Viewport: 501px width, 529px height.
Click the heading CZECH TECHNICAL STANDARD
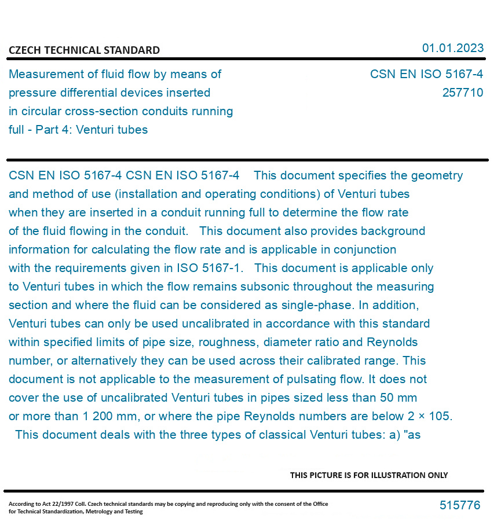(x=84, y=50)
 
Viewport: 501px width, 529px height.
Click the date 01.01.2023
(x=452, y=48)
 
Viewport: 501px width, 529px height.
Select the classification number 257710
(x=462, y=93)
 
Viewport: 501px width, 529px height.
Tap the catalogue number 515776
(x=460, y=505)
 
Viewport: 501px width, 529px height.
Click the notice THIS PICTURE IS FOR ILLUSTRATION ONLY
(x=369, y=475)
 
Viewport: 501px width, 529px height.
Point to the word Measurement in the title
(x=47, y=74)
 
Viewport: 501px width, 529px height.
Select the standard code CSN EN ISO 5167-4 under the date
(x=426, y=74)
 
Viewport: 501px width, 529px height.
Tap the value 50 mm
(x=398, y=398)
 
